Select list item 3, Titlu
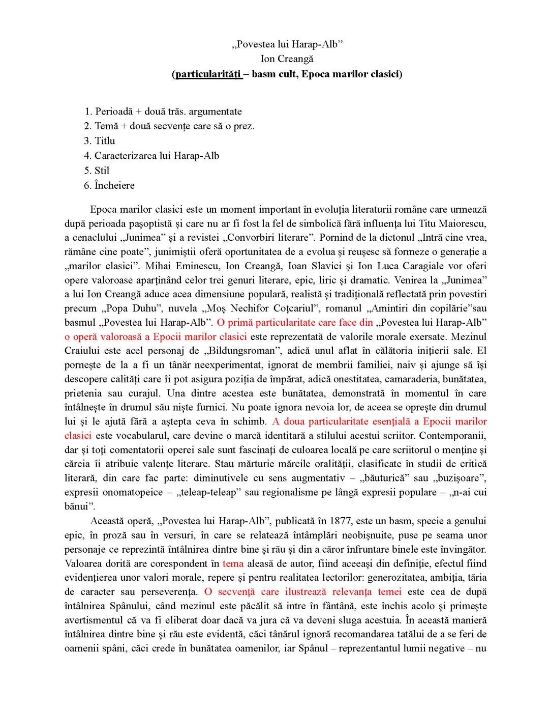(x=105, y=141)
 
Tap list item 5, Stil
(x=102, y=170)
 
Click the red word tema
(x=233, y=563)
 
